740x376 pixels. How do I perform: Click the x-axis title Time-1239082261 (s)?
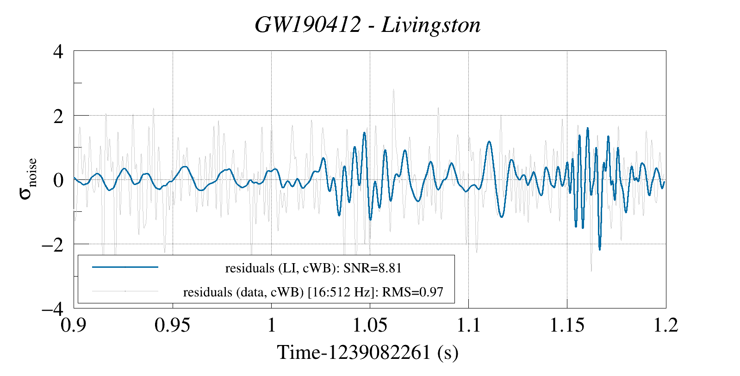click(x=367, y=352)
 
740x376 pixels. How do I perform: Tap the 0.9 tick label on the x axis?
click(x=74, y=325)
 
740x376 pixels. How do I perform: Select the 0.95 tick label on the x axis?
click(x=173, y=325)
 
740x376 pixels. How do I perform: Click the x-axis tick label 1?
click(x=271, y=325)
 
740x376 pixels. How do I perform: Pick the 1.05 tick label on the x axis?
click(x=370, y=325)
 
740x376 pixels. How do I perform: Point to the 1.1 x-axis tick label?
click(x=468, y=325)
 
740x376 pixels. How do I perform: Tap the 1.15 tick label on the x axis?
click(x=567, y=325)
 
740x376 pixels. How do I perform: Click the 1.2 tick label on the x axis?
click(x=665, y=325)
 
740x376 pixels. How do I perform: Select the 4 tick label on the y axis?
click(x=58, y=51)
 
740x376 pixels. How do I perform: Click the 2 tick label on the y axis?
click(x=58, y=116)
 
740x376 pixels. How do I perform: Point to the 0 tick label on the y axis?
click(x=58, y=180)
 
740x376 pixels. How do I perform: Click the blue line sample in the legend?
click(x=125, y=267)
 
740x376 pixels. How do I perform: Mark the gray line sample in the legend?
click(x=125, y=291)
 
